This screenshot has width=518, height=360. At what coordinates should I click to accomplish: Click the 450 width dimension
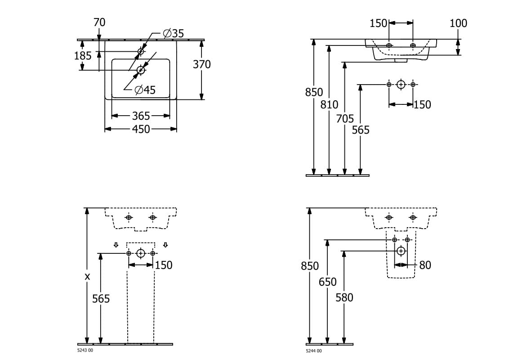point(141,129)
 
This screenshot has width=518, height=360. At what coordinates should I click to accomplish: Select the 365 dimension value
point(141,116)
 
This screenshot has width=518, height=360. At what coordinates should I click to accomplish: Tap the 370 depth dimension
point(201,64)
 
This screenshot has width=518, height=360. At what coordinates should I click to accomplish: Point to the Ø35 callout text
point(174,33)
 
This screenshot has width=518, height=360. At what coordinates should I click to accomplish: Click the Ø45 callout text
point(145,90)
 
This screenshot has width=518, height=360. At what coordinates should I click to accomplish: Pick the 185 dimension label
point(83,55)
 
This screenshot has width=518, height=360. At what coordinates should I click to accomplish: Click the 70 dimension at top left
point(99,22)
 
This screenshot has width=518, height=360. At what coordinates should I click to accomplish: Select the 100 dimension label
point(459,23)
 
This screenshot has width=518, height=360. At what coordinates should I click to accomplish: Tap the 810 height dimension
point(329,104)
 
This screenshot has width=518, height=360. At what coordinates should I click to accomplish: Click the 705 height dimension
point(345,118)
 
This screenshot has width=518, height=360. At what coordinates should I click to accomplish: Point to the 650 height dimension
point(328,282)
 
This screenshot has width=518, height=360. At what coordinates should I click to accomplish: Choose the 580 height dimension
point(344,297)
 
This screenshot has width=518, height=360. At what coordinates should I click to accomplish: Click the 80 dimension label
point(425,265)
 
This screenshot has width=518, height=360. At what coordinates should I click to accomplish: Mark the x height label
point(87,277)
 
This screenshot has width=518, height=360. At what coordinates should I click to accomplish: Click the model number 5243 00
point(85,351)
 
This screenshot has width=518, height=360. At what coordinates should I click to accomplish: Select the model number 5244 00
point(314,351)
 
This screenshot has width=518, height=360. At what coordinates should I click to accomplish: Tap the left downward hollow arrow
point(116,245)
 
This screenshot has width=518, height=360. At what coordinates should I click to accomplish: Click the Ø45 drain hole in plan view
point(141,70)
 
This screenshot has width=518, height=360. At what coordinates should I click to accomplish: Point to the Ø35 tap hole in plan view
point(141,51)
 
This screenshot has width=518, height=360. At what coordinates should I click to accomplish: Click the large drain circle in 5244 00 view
point(401,251)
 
